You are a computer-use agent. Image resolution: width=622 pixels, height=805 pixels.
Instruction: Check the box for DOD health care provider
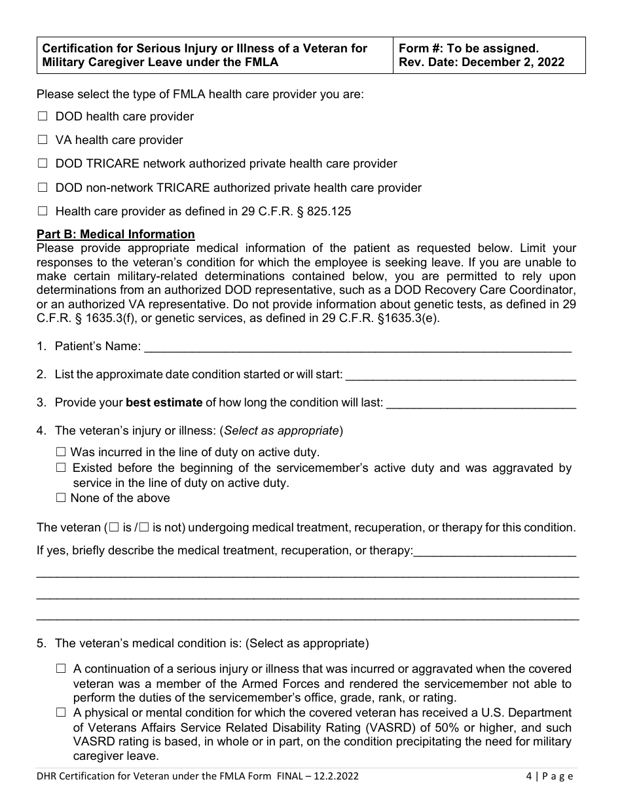pyautogui.click(x=43, y=116)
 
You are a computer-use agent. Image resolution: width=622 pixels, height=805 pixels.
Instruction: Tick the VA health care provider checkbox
pyautogui.click(x=43, y=140)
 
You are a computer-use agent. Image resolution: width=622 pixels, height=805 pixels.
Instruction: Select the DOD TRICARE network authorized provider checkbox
pyautogui.click(x=43, y=164)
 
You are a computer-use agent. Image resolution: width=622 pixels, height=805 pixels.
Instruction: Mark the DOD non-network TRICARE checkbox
pyautogui.click(x=43, y=188)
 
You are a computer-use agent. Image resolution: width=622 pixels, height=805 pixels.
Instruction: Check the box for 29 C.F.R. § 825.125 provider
pyautogui.click(x=43, y=211)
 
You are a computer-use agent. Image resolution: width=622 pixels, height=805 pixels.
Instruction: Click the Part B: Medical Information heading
pyautogui.click(x=116, y=234)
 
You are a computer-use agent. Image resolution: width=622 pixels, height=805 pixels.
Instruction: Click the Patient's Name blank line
pyautogui.click(x=357, y=346)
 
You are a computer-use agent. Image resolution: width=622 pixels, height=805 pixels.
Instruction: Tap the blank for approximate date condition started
pyautogui.click(x=460, y=374)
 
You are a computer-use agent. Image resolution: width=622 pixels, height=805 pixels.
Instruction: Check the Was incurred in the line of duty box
pyautogui.click(x=62, y=452)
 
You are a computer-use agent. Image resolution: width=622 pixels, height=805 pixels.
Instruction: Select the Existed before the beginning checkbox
pyautogui.click(x=62, y=468)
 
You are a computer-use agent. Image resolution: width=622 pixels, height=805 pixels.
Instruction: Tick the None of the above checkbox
pyautogui.click(x=62, y=498)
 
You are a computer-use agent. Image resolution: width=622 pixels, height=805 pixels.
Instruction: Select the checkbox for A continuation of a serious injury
pyautogui.click(x=62, y=669)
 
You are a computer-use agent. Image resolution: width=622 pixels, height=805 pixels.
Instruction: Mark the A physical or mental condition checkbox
pyautogui.click(x=62, y=713)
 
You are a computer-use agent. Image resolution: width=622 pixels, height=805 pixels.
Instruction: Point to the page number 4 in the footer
pyautogui.click(x=528, y=777)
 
